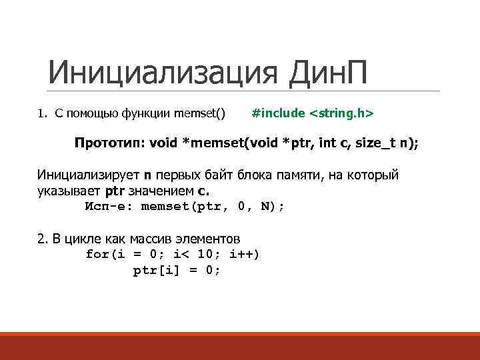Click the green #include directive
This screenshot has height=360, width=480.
click(278, 114)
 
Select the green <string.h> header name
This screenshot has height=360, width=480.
click(341, 114)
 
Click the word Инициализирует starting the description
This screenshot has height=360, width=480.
click(89, 175)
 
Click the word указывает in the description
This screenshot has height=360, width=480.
click(66, 191)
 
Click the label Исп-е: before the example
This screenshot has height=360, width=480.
click(109, 206)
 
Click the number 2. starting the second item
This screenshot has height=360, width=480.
click(43, 239)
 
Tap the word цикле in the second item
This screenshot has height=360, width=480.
click(79, 239)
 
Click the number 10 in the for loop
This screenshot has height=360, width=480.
click(207, 254)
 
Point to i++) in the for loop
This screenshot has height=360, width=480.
click(244, 254)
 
